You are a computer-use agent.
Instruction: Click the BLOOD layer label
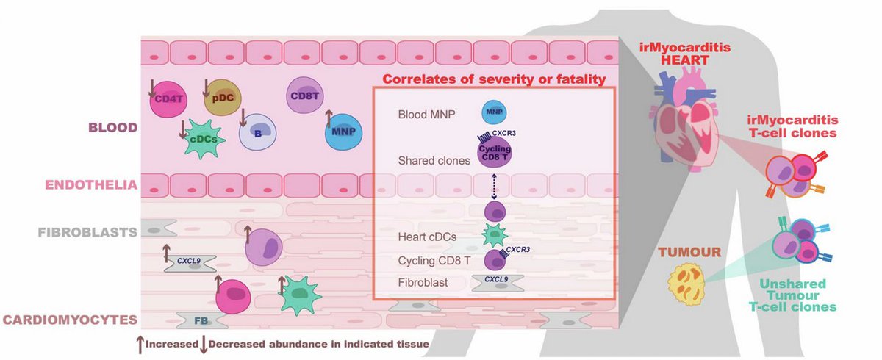click(x=112, y=127)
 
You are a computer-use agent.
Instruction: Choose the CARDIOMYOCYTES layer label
click(x=70, y=320)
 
